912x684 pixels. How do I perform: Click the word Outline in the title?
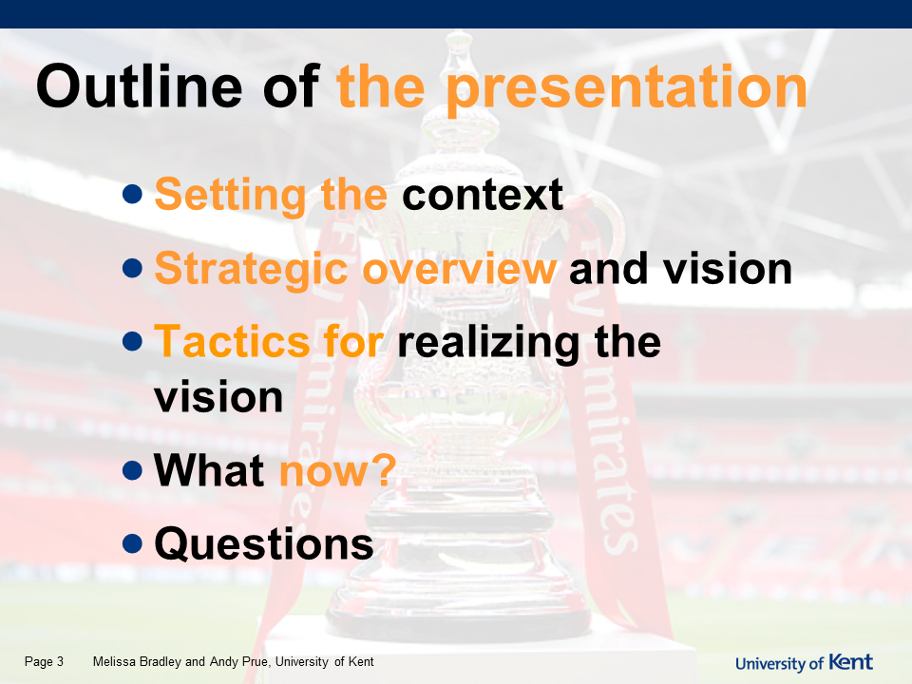point(139,86)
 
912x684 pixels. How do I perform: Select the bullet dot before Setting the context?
point(133,194)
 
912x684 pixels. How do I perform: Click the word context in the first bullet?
point(483,195)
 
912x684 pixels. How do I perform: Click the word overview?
point(460,269)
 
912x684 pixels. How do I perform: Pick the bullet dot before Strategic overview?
point(133,268)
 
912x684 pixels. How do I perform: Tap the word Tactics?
point(232,341)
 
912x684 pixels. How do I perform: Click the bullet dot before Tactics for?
point(133,341)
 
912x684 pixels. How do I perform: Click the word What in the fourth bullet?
point(209,470)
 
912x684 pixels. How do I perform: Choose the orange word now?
point(338,470)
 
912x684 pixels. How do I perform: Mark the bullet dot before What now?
point(133,470)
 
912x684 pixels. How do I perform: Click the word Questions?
point(264,544)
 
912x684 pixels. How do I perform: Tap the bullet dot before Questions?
point(133,543)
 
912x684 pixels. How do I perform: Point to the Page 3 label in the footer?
point(45,662)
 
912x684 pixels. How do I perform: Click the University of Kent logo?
point(805,662)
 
